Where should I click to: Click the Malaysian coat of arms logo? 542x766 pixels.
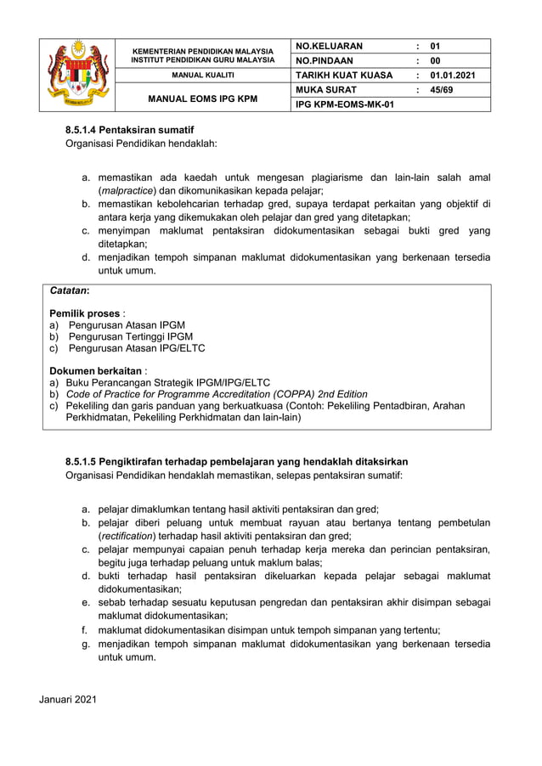pyautogui.click(x=80, y=75)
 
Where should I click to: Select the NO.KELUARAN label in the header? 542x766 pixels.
pyautogui.click(x=329, y=46)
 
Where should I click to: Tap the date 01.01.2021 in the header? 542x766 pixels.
pyautogui.click(x=453, y=75)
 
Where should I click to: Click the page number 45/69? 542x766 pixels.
pyautogui.click(x=442, y=89)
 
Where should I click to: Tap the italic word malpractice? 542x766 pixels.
pyautogui.click(x=121, y=190)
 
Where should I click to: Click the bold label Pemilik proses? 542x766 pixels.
pyautogui.click(x=84, y=313)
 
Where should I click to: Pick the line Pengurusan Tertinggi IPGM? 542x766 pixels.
pyautogui.click(x=131, y=336)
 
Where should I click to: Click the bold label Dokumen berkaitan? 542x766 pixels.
pyautogui.click(x=95, y=371)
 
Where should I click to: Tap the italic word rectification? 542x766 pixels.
pyautogui.click(x=127, y=536)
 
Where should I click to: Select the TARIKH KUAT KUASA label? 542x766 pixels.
pyautogui.click(x=343, y=75)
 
